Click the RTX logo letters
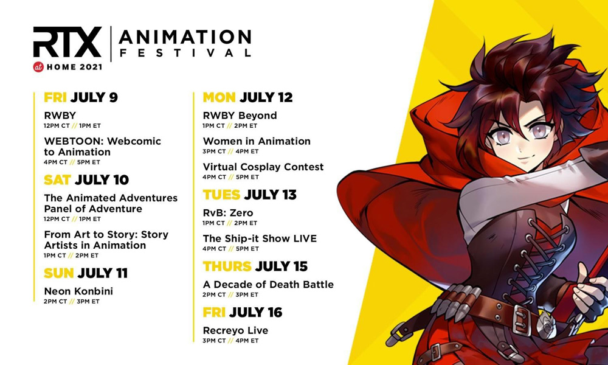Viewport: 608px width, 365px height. pos(67,42)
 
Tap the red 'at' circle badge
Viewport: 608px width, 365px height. pos(38,67)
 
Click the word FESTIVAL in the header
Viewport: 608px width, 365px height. pos(185,53)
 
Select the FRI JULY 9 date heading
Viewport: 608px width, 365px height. pos(81,97)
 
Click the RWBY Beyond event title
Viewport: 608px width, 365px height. pos(240,116)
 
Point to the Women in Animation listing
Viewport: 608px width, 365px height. pos(257,141)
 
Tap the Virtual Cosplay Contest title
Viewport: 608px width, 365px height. pos(263,167)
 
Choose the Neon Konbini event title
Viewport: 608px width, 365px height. pos(78,291)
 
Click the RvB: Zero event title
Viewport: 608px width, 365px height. pos(227,213)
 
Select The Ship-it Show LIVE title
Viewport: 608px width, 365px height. pos(260,238)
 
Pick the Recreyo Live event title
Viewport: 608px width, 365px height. pos(235,330)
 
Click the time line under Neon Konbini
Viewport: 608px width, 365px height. pos(72,301)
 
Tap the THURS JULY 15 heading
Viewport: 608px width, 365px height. pos(255,266)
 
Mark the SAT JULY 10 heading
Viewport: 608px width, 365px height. pos(86,180)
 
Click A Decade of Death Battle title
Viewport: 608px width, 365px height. pos(268,285)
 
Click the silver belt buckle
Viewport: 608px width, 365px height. pos(522,321)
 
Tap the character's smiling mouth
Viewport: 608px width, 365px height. pos(526,159)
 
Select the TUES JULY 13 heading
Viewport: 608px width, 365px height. pos(249,195)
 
